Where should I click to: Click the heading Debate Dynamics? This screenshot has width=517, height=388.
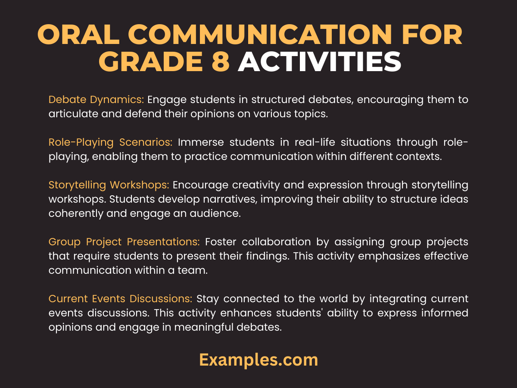coord(96,100)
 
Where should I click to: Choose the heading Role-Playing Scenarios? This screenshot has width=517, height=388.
coord(111,143)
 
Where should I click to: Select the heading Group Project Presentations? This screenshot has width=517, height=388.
coord(124,242)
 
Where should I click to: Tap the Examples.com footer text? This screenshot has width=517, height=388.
coord(258,360)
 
